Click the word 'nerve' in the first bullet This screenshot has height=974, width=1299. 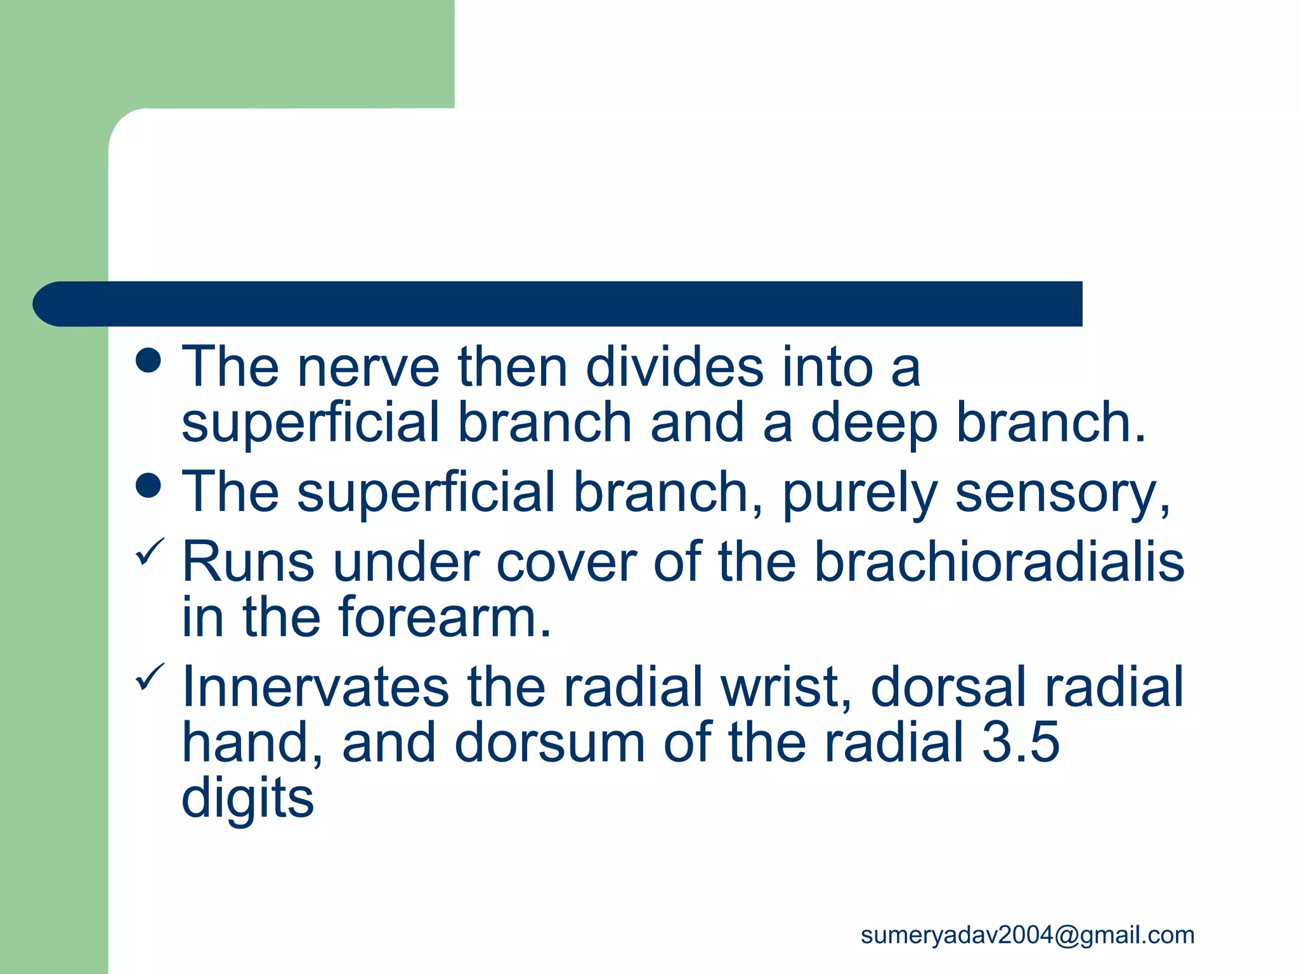pyautogui.click(x=368, y=368)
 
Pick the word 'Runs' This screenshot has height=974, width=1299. pyautogui.click(x=248, y=562)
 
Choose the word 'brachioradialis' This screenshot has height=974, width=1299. pyautogui.click(x=999, y=562)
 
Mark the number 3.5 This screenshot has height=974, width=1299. pyautogui.click(x=1021, y=743)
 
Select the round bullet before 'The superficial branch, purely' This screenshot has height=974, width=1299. pyautogui.click(x=148, y=486)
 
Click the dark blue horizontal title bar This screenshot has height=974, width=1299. pyautogui.click(x=558, y=304)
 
